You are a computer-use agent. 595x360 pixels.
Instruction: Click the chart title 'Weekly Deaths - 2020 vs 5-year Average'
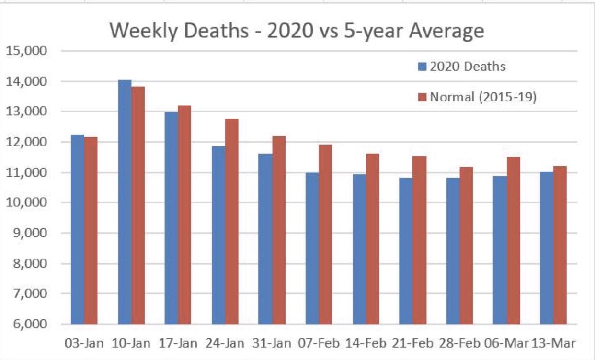pyautogui.click(x=297, y=31)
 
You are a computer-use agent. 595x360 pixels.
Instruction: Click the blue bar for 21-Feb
pyautogui.click(x=406, y=251)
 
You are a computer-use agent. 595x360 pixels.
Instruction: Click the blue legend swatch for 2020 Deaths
pyautogui.click(x=422, y=67)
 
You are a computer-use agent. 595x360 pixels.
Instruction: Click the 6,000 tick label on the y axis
pyautogui.click(x=30, y=324)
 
